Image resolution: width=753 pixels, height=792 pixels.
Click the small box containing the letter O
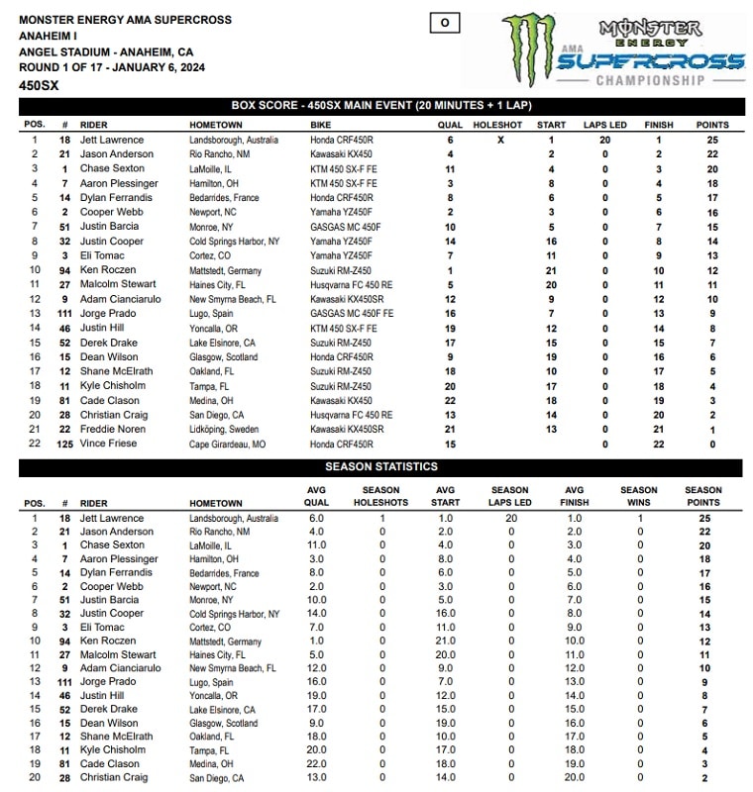click(x=445, y=22)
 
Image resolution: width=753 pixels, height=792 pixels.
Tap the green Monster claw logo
click(x=530, y=49)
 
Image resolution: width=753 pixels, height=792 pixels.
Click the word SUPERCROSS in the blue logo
click(x=649, y=62)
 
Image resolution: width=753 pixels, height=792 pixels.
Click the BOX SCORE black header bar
click(x=381, y=107)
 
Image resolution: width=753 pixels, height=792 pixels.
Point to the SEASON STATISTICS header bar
click(x=381, y=466)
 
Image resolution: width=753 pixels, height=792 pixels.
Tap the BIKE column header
click(x=320, y=126)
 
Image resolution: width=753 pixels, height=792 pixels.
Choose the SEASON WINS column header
click(x=639, y=496)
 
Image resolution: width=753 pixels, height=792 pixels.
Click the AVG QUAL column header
click(x=316, y=496)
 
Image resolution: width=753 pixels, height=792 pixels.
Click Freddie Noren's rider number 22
click(x=64, y=430)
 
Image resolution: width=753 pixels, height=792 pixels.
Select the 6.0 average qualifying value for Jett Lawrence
click(x=316, y=519)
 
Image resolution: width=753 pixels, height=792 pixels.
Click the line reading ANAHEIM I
click(x=47, y=36)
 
